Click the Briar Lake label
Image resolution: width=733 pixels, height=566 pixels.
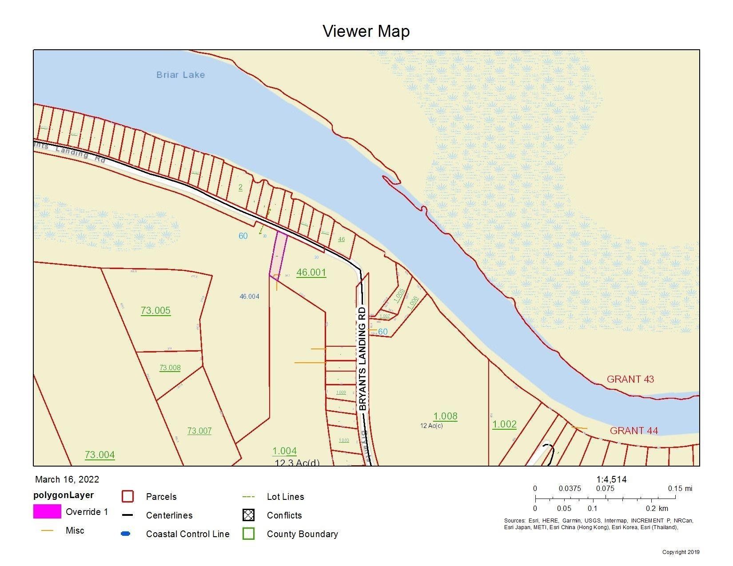pos(180,75)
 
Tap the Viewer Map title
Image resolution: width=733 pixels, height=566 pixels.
pos(366,31)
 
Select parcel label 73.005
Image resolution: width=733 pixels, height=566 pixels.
pos(155,310)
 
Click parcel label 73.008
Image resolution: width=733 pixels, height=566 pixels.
pos(170,368)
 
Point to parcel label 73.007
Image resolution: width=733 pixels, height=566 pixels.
pos(199,431)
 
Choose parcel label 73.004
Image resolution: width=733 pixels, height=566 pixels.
pos(100,455)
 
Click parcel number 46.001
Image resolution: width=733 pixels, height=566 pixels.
pos(311,272)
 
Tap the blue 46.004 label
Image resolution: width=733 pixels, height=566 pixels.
pos(249,297)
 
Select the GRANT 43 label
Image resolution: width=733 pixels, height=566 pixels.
pos(630,379)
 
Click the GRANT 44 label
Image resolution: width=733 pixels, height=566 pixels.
pos(633,430)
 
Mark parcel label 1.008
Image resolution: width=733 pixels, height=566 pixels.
pos(445,416)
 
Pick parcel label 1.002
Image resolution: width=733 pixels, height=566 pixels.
pos(504,424)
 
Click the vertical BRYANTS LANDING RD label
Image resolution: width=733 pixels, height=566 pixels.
pos(363,358)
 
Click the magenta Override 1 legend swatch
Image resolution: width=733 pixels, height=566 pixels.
pos(47,511)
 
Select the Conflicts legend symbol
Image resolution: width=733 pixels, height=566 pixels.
pos(248,515)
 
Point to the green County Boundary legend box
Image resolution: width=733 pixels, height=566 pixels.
pos(248,534)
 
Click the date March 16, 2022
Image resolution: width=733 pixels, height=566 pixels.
pos(67,479)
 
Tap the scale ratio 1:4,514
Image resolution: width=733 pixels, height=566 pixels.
pos(611,479)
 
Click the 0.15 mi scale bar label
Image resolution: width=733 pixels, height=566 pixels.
pos(680,488)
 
